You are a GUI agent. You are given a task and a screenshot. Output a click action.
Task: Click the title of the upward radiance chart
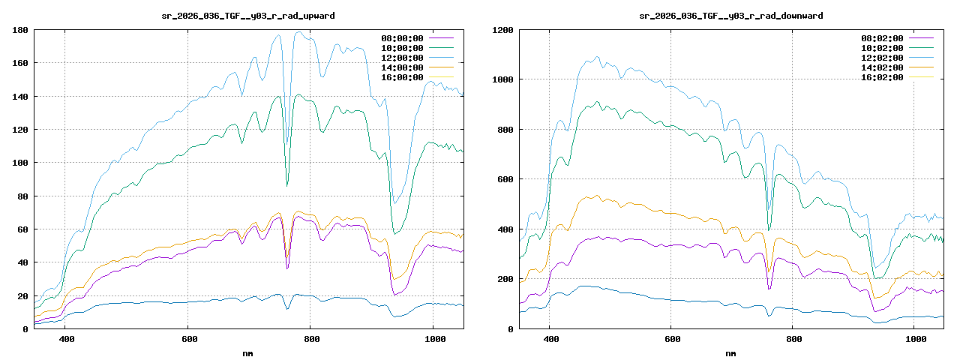248,16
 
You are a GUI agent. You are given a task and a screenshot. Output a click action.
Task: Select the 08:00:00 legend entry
403,38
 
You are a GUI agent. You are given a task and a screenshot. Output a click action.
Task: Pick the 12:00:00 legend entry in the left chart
403,58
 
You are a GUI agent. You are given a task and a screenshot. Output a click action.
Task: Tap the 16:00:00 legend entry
403,77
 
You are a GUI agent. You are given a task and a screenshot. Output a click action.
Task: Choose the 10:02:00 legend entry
882,48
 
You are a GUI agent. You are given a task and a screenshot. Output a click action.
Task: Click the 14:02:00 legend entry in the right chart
882,67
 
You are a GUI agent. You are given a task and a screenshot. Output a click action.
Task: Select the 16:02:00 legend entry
882,77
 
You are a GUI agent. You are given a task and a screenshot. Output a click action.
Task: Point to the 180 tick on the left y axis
20,30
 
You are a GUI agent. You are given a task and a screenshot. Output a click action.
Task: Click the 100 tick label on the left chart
20,163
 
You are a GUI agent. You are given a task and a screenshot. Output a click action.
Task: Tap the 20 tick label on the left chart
23,295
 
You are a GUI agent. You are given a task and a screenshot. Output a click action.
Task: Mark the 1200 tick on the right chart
502,30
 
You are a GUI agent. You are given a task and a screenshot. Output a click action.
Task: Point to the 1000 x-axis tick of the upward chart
433,339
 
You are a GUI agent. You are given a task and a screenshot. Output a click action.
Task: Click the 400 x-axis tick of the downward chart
550,339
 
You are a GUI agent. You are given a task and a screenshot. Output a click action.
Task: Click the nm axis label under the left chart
248,352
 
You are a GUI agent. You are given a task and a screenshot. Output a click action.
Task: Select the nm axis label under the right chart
730,352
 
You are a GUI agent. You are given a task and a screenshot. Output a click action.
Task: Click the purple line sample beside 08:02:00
920,38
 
